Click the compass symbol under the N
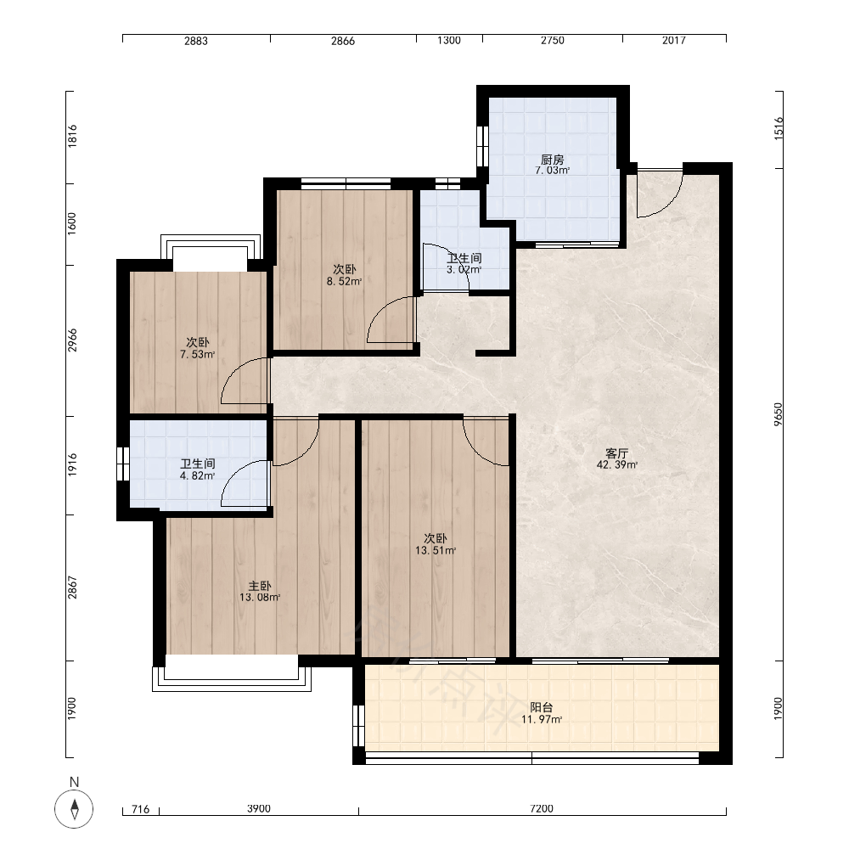click(x=74, y=809)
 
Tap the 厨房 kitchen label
click(x=553, y=160)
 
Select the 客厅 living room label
click(x=616, y=453)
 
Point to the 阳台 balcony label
click(x=542, y=708)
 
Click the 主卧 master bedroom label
click(x=259, y=586)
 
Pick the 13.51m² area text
click(x=436, y=551)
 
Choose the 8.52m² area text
click(x=345, y=281)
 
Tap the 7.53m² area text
click(x=198, y=355)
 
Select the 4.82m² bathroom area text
click(x=198, y=476)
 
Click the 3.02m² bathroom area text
click(x=464, y=269)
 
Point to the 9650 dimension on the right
click(x=778, y=414)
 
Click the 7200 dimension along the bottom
click(x=542, y=808)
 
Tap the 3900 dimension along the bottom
click(x=259, y=808)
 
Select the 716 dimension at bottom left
click(x=140, y=809)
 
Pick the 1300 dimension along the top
click(x=449, y=40)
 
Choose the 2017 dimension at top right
click(x=673, y=40)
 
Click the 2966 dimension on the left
click(x=72, y=340)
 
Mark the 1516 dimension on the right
click(x=778, y=128)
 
